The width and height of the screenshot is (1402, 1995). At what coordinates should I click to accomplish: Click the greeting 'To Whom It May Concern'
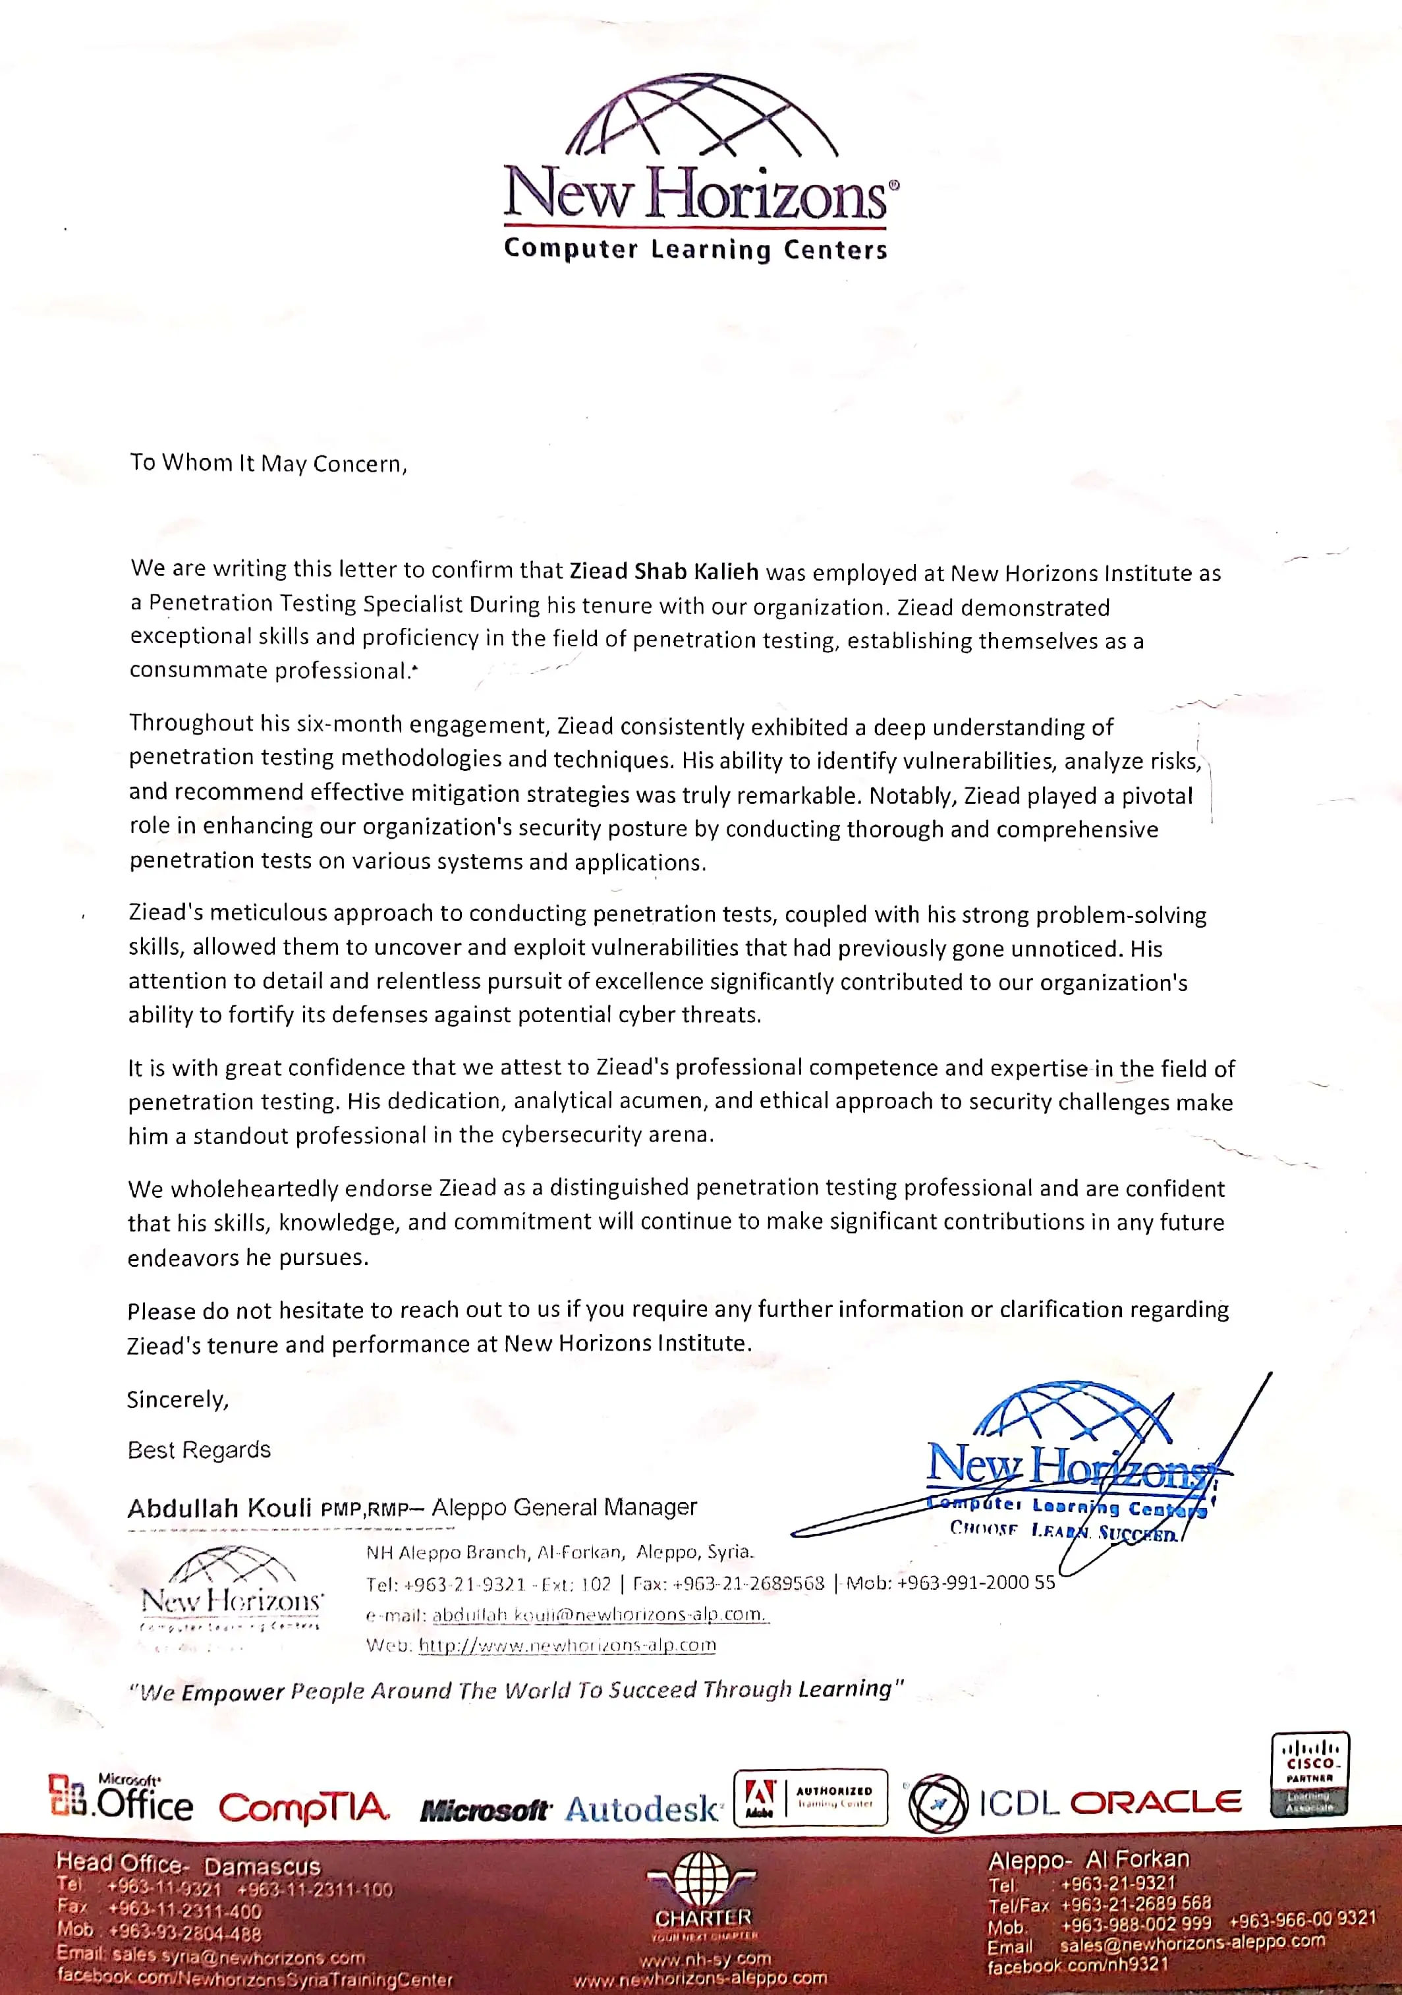pyautogui.click(x=268, y=463)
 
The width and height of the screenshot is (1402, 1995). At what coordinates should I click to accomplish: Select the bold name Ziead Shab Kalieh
pyautogui.click(x=663, y=571)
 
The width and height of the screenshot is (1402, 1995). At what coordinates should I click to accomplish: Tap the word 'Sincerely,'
pyautogui.click(x=178, y=1399)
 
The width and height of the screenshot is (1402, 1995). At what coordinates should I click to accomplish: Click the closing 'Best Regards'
pyautogui.click(x=199, y=1449)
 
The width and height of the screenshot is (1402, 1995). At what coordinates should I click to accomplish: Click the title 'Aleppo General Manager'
pyautogui.click(x=564, y=1507)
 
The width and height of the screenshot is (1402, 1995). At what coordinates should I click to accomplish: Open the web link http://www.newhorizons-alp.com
pyautogui.click(x=567, y=1645)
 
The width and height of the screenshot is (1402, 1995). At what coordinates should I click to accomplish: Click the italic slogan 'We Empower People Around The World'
pyautogui.click(x=516, y=1690)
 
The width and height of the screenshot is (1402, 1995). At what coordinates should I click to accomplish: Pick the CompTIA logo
pyautogui.click(x=304, y=1808)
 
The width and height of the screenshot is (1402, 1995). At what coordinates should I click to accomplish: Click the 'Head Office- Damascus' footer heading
pyautogui.click(x=188, y=1863)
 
